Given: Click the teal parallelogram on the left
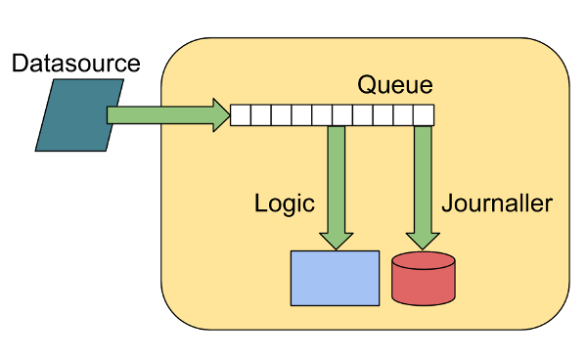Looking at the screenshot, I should (79, 115).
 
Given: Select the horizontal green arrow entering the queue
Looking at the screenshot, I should (157, 115).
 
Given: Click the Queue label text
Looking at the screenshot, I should (394, 85).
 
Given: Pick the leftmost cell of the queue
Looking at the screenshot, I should (240, 115).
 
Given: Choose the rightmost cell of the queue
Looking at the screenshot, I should (423, 115).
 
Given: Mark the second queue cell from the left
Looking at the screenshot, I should (260, 115).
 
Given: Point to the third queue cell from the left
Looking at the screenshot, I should (281, 115).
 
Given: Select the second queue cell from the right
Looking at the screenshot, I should (402, 115).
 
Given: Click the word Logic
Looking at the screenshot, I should (284, 203).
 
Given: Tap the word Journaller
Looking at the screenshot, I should (497, 203).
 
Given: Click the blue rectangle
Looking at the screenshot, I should (335, 278).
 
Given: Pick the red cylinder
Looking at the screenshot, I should (423, 281).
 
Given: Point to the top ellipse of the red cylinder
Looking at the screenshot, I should (423, 261).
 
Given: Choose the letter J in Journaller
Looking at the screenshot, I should (447, 203).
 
